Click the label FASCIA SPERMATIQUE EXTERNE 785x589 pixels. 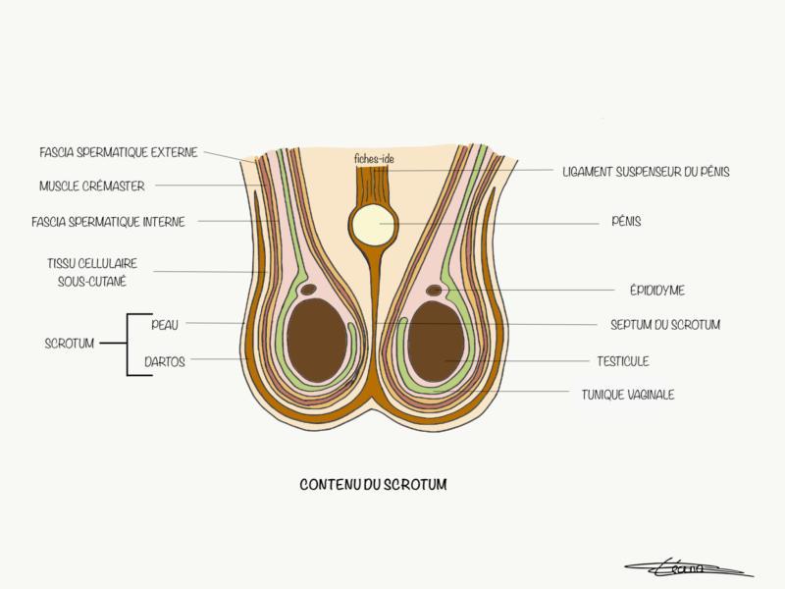pyautogui.click(x=119, y=152)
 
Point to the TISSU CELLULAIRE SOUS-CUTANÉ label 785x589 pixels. pyautogui.click(x=94, y=272)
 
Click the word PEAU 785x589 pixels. pyautogui.click(x=165, y=323)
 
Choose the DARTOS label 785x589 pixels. pyautogui.click(x=165, y=360)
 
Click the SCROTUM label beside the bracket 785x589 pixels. pyautogui.click(x=70, y=344)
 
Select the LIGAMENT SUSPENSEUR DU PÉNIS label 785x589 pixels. pyautogui.click(x=646, y=172)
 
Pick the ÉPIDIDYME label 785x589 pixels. pyautogui.click(x=657, y=291)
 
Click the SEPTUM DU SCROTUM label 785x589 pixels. pyautogui.click(x=665, y=325)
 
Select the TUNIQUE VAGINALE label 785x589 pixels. pyautogui.click(x=628, y=395)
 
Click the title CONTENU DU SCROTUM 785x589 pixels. pyautogui.click(x=373, y=484)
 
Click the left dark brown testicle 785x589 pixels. pyautogui.click(x=316, y=341)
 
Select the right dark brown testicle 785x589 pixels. pyautogui.click(x=436, y=341)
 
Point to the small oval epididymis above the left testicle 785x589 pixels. pyautogui.click(x=308, y=290)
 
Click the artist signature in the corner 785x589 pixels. pyautogui.click(x=687, y=566)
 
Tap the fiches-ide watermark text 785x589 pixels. pyautogui.click(x=374, y=158)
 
